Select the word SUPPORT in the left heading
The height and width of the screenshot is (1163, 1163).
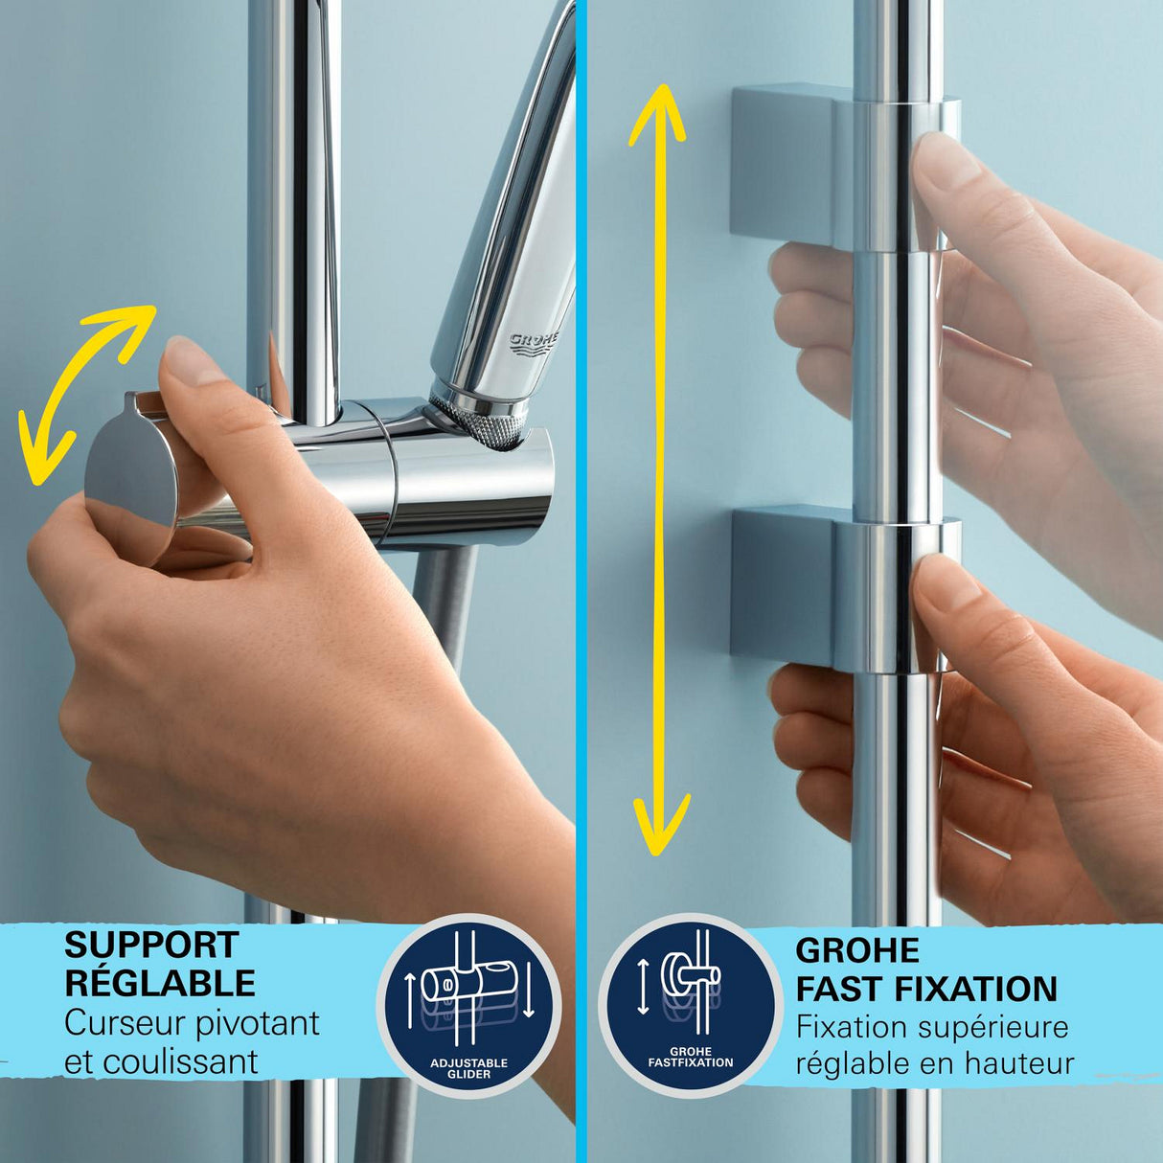click(x=151, y=946)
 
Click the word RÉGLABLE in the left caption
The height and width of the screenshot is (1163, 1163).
click(x=160, y=984)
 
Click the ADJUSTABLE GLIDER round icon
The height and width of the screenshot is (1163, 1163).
click(x=468, y=1005)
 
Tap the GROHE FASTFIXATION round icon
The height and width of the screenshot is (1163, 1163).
click(x=690, y=1005)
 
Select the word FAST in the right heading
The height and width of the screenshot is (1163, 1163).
click(x=839, y=989)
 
